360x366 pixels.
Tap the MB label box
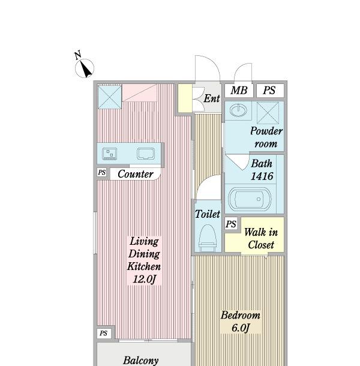coord(239,91)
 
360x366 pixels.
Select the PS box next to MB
coord(270,91)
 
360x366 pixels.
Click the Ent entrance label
coord(212,98)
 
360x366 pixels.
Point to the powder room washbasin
coord(238,110)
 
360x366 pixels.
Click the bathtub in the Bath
coord(250,199)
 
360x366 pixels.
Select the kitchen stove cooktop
coord(110,154)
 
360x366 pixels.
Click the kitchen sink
coord(146,154)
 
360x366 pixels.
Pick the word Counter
coord(136,174)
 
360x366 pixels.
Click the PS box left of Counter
coord(102,172)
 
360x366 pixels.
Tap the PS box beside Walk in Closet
coord(231,224)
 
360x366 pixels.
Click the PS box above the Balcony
coord(103,333)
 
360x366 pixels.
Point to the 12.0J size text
coord(144,279)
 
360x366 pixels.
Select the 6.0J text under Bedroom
coord(241,328)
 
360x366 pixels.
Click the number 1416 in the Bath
coord(262,176)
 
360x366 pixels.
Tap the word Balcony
coord(141,361)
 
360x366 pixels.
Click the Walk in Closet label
coord(261,239)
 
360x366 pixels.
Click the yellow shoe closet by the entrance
coord(185,98)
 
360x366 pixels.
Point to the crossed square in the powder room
coord(268,113)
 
